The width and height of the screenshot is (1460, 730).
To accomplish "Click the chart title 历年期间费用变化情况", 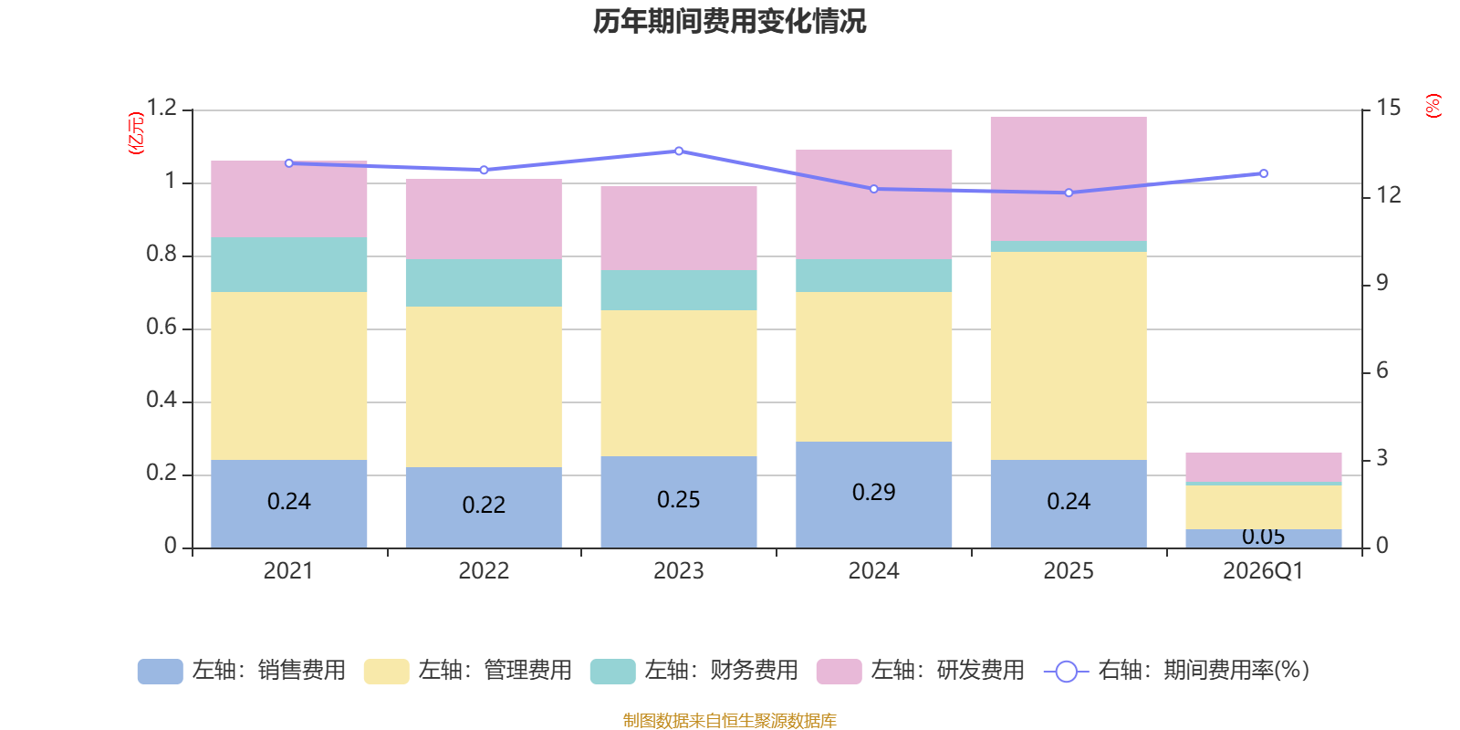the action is [x=729, y=22].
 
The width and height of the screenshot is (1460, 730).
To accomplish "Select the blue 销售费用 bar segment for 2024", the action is [x=873, y=495].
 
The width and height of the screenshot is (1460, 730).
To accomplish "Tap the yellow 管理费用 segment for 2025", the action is [x=1069, y=356].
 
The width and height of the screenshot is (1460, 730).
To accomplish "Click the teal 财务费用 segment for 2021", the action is [x=288, y=265].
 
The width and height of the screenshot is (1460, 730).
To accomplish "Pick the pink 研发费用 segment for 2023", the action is [x=679, y=228].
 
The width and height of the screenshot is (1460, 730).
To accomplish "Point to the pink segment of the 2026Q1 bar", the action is [x=1263, y=467].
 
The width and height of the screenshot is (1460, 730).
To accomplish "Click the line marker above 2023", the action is [x=679, y=151].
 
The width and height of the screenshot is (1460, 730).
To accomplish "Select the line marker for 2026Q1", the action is [x=1263, y=173].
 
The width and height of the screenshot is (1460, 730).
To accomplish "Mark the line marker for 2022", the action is [x=484, y=170].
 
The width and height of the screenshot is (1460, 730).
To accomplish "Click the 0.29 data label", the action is [x=873, y=492].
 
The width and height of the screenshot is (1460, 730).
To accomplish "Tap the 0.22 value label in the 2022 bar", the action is [x=484, y=506].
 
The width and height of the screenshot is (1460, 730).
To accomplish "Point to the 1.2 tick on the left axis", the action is [x=162, y=108].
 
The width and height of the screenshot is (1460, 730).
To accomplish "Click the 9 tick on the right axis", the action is [x=1382, y=283].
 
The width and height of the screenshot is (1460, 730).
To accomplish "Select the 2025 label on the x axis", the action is [x=1069, y=571].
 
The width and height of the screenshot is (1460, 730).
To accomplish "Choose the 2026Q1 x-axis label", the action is [x=1263, y=571].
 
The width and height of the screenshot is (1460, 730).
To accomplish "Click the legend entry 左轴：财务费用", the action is [x=694, y=671].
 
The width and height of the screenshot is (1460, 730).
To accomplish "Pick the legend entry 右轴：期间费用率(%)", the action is [x=1177, y=671].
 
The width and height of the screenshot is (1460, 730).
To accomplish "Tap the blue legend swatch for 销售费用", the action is [x=161, y=672].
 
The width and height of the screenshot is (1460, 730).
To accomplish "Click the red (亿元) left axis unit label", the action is [x=136, y=133].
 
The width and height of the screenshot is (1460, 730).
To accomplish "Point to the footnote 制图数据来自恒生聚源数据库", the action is [x=729, y=720].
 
